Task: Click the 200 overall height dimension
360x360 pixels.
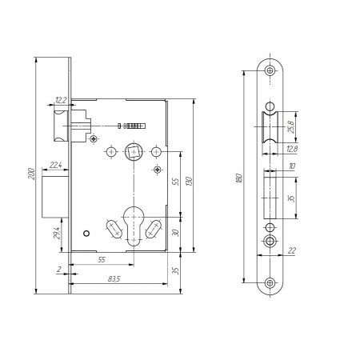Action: pyautogui.click(x=32, y=174)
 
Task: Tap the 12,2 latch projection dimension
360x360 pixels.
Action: pyautogui.click(x=61, y=100)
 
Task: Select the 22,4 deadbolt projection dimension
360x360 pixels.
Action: pyautogui.click(x=56, y=166)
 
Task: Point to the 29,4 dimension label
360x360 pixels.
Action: pyautogui.click(x=57, y=233)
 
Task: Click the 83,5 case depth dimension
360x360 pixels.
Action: pyautogui.click(x=114, y=279)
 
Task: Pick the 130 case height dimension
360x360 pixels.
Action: pyautogui.click(x=189, y=182)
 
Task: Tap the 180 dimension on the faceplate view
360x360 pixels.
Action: pyautogui.click(x=239, y=178)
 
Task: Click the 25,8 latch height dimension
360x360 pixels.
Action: pyautogui.click(x=290, y=127)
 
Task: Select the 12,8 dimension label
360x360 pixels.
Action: pyautogui.click(x=292, y=149)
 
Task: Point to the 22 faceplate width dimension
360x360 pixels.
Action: pyautogui.click(x=292, y=250)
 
